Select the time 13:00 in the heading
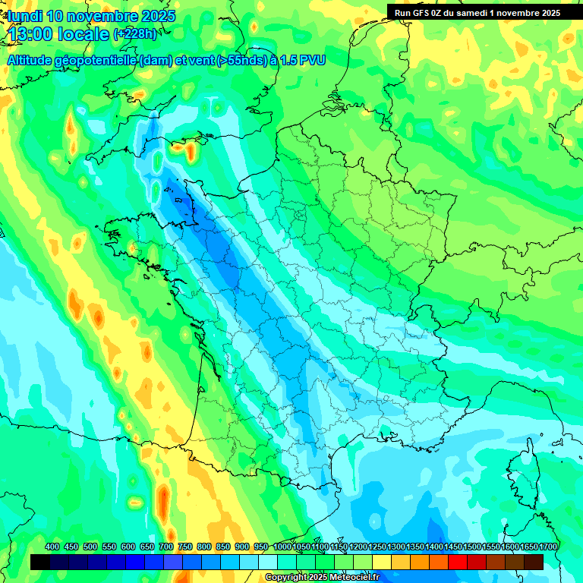tap(34, 34)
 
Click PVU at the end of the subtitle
tap(313, 60)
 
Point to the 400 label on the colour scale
tap(52, 547)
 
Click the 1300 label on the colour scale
tap(396, 547)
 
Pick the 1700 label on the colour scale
tap(548, 547)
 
